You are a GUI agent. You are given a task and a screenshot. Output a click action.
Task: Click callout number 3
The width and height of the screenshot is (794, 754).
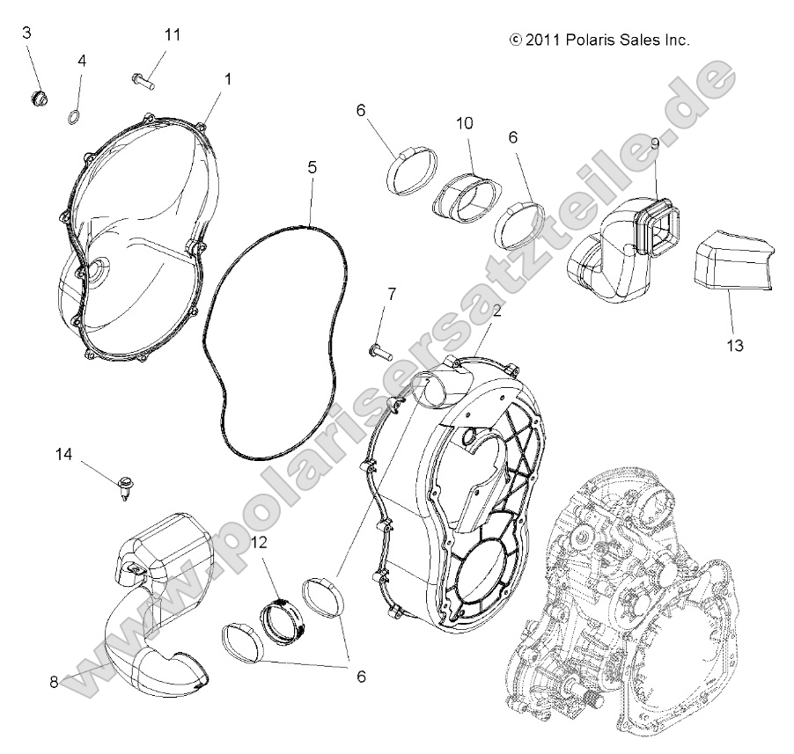click(26, 33)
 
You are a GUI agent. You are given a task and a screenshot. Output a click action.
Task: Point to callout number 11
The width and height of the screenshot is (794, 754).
click(172, 34)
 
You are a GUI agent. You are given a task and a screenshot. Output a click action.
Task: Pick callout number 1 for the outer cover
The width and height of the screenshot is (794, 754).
click(227, 79)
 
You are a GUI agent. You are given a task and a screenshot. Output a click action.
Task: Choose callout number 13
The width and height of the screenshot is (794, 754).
click(735, 345)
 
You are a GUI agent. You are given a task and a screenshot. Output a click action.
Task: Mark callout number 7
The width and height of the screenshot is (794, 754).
click(392, 292)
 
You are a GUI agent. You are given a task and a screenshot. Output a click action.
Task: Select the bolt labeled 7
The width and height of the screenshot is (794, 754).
click(379, 349)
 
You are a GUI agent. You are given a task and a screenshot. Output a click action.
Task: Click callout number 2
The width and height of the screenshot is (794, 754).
click(497, 311)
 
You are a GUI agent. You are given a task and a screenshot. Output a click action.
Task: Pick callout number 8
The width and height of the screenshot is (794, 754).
click(54, 680)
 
